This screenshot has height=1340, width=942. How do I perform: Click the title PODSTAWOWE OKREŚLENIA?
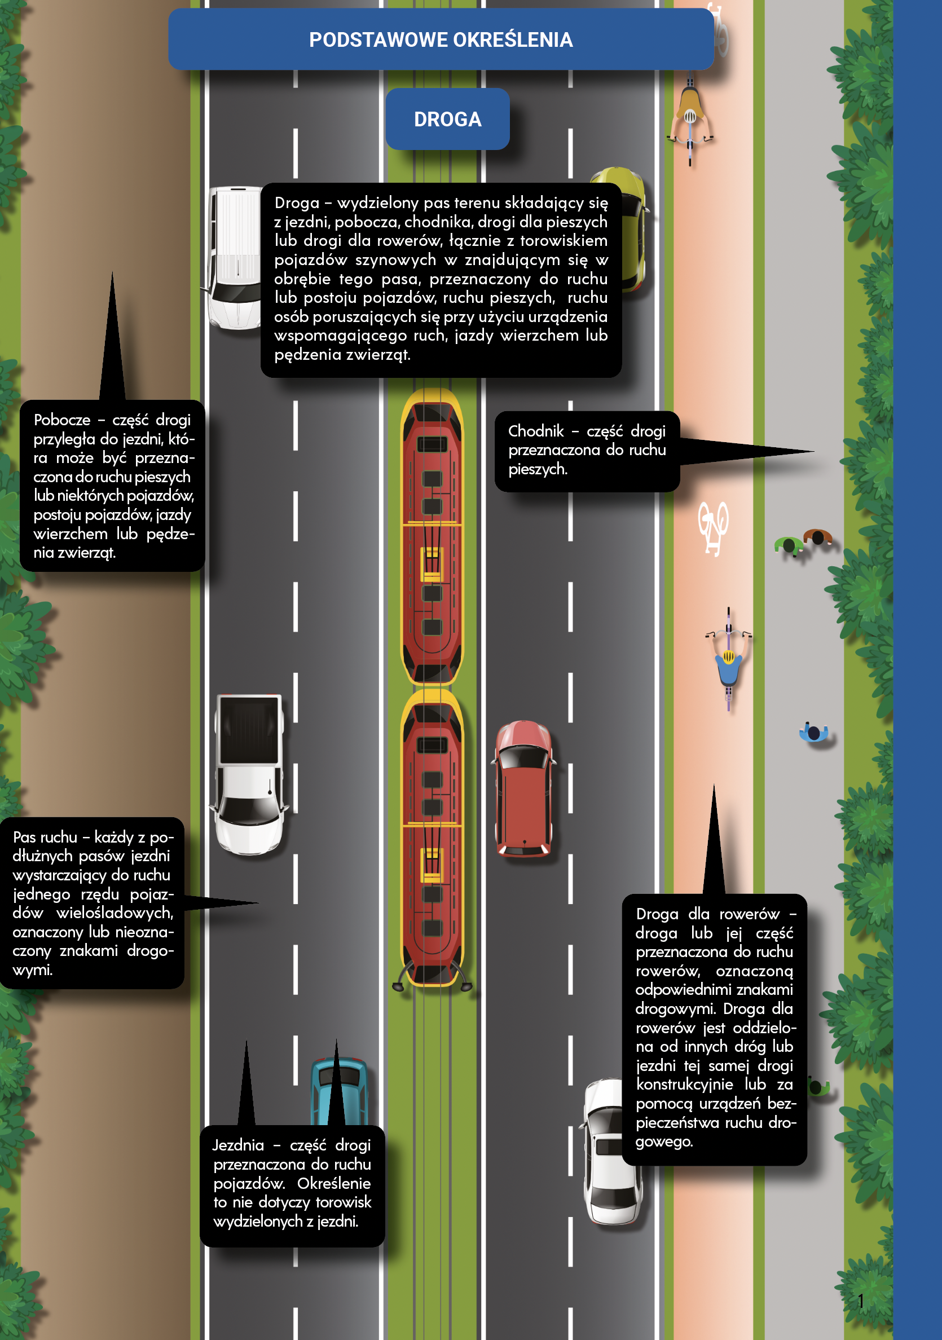coord(441,39)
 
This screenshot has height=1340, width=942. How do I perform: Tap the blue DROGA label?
coord(448,119)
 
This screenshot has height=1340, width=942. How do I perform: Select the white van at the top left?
coord(235,257)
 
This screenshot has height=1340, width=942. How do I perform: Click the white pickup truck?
coord(249,774)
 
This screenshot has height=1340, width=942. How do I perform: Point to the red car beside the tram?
coord(523,788)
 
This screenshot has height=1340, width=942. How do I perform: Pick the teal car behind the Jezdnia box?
coord(339,1091)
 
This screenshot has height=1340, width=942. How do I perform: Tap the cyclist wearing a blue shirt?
coord(728,659)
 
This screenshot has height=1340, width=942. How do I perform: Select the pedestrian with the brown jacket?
coord(817,536)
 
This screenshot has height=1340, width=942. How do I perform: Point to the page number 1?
coord(861,1301)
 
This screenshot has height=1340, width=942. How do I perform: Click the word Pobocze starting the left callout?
coord(62,420)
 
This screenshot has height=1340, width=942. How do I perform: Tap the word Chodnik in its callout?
coord(536,431)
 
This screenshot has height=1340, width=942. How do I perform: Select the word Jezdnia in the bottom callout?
coord(238,1145)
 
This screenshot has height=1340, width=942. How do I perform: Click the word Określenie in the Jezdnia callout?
coord(334,1183)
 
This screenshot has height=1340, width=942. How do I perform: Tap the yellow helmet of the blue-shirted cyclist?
coord(728,657)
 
